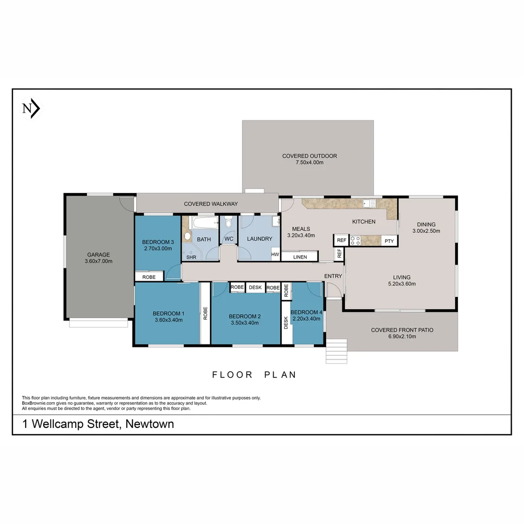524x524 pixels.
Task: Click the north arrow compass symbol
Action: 31,109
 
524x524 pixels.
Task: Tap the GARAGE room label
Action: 98,255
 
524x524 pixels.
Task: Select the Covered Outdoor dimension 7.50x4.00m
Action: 310,163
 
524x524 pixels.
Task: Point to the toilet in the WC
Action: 229,224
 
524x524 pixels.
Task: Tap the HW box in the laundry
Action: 275,254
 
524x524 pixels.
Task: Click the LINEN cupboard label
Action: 300,257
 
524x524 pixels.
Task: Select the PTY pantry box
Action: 389,241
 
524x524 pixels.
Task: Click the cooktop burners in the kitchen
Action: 355,240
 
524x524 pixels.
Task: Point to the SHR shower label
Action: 191,257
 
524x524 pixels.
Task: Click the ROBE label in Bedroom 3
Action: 149,277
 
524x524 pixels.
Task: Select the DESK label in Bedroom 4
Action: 286,322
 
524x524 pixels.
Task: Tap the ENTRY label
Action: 333,276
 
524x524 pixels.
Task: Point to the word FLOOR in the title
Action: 232,375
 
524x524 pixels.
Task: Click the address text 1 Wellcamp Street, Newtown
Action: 98,424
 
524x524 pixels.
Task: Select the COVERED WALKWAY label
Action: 211,204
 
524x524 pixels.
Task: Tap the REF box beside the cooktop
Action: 341,240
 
